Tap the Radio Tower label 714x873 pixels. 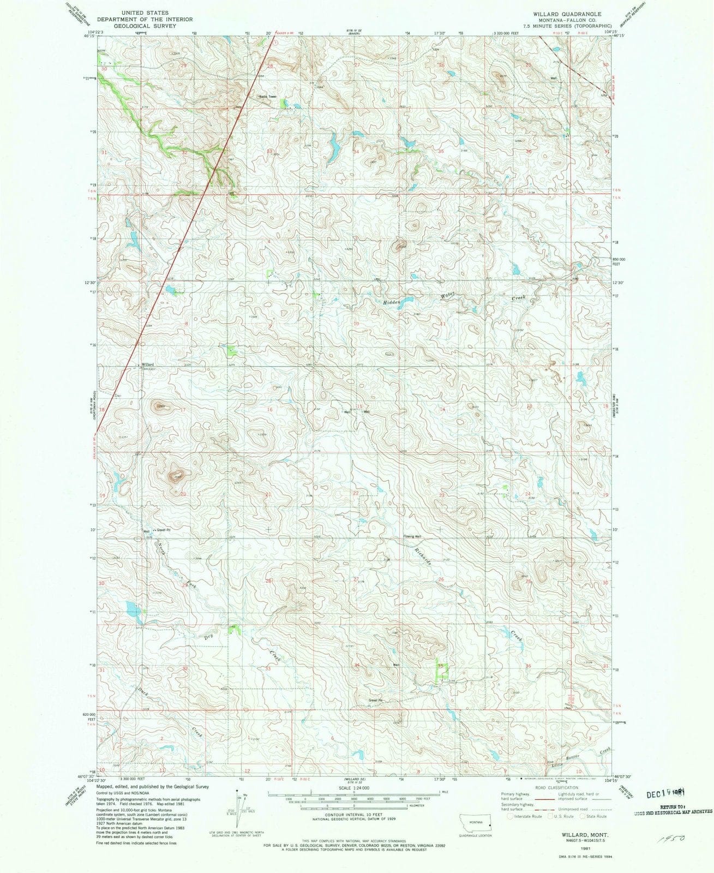click(x=268, y=97)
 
